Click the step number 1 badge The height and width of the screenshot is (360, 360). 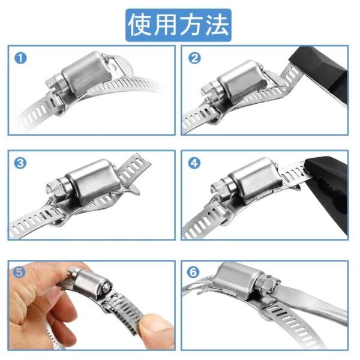(20, 58)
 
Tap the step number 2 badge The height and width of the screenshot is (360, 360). (194, 58)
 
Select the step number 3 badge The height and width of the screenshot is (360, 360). (20, 163)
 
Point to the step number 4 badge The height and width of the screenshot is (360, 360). (194, 163)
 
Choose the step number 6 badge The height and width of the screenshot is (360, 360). (193, 272)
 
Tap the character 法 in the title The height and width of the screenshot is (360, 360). (217, 25)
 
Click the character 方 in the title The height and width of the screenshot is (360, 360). (191, 25)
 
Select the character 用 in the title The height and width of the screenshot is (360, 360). (166, 25)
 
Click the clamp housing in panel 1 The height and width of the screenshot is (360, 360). (86, 73)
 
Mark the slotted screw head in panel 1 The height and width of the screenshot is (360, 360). (55, 83)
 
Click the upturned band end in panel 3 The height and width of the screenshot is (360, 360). (134, 170)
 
